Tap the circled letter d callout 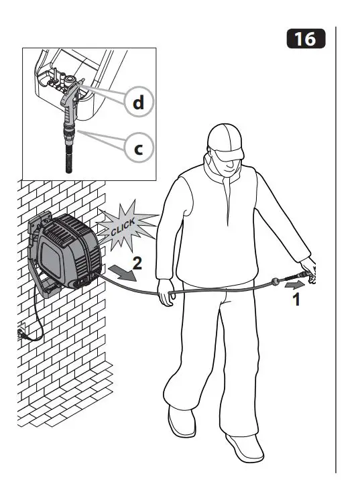tap(137, 102)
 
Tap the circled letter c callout tap(137, 148)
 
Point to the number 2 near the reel tap(137, 263)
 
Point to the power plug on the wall tap(22, 332)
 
